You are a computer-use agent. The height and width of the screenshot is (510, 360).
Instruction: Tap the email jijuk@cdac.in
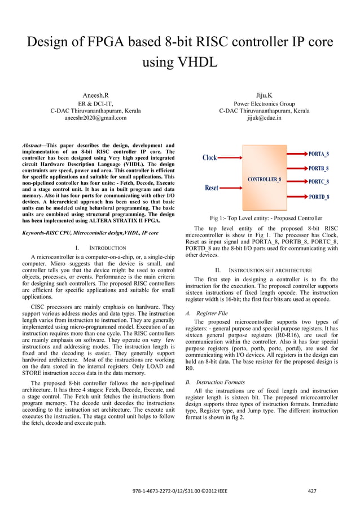pyautogui.click(x=264, y=119)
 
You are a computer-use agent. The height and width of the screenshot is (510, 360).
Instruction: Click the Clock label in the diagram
pyautogui.click(x=209, y=158)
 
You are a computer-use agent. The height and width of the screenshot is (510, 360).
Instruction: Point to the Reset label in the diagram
pyautogui.click(x=211, y=188)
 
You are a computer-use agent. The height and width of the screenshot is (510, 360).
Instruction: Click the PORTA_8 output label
pyautogui.click(x=319, y=154)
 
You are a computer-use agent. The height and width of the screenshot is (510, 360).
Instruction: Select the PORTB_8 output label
pyautogui.click(x=319, y=168)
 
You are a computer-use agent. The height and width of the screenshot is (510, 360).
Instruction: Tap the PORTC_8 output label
pyautogui.click(x=319, y=182)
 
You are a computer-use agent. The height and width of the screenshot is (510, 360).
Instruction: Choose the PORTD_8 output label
pyautogui.click(x=319, y=197)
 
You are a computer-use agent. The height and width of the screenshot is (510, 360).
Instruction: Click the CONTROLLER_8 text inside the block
pyautogui.click(x=264, y=180)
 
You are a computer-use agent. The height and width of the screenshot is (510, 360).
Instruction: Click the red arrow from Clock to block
pyautogui.click(x=230, y=158)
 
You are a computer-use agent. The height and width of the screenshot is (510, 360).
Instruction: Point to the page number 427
pyautogui.click(x=311, y=491)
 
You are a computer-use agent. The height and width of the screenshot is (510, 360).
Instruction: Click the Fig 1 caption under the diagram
pyautogui.click(x=266, y=218)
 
